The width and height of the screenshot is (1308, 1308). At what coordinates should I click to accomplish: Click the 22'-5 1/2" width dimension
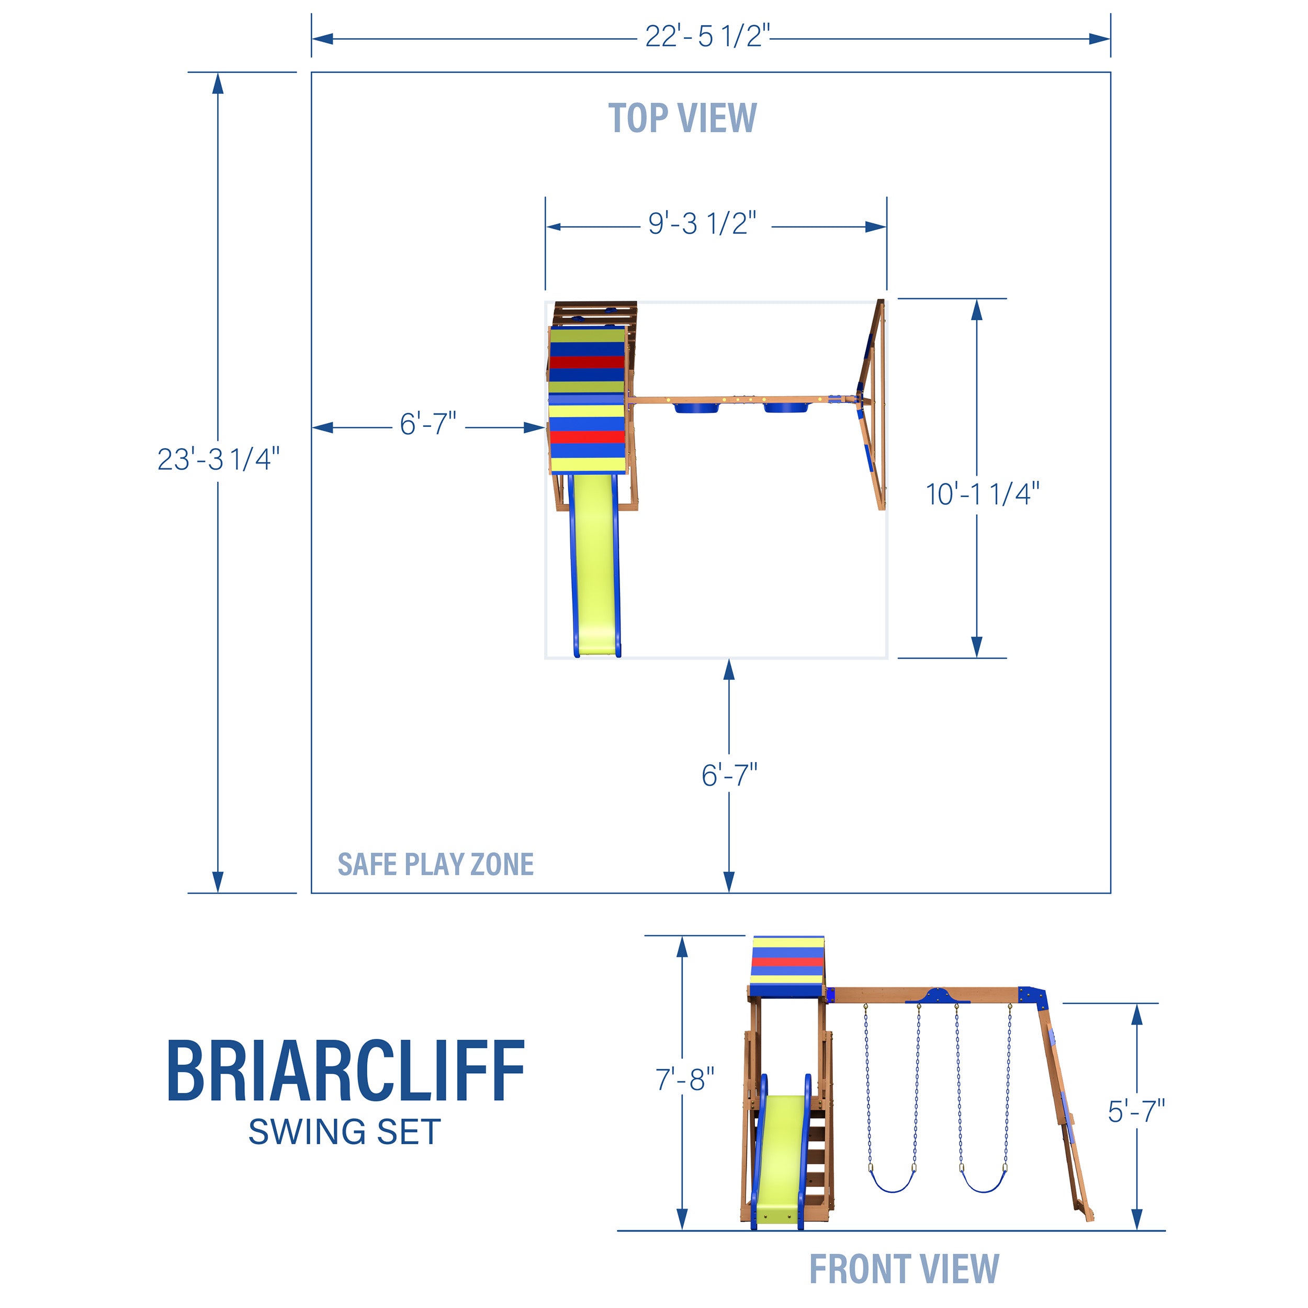coord(707,36)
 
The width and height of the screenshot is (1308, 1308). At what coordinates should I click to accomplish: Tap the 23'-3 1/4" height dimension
coord(218,459)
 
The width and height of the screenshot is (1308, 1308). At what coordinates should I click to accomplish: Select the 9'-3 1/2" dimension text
coord(702,223)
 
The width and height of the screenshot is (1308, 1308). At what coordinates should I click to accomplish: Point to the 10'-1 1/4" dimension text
coord(983,494)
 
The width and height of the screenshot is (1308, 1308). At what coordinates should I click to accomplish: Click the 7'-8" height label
coord(684,1079)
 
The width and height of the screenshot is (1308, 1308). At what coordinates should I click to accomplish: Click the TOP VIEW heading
coord(682,118)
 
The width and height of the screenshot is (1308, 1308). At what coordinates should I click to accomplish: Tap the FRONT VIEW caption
coord(905,1269)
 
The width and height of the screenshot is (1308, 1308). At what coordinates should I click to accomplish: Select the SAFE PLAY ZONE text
coord(435,864)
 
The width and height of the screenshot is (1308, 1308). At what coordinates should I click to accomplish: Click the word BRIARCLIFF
coord(345,1071)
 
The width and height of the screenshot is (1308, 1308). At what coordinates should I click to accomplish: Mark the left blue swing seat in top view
coord(697,408)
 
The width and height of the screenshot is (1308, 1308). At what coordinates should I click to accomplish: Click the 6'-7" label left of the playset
coord(428,424)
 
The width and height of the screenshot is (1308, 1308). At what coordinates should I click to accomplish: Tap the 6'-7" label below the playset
coord(729,775)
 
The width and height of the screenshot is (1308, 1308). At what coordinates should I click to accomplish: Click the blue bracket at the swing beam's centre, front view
coord(938,995)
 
